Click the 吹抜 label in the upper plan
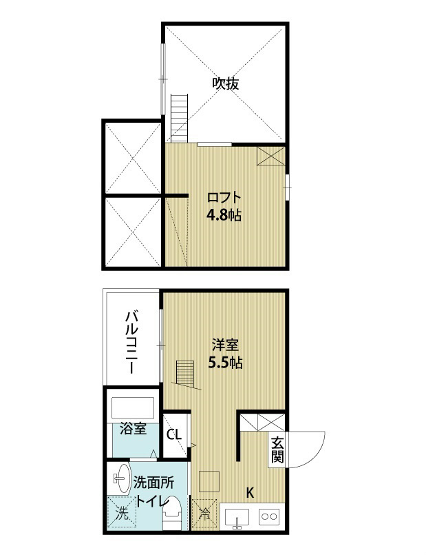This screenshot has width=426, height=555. point(225,83)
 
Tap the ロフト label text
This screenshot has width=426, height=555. point(224,197)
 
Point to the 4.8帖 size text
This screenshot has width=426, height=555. point(224,215)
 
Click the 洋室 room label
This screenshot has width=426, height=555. point(225,345)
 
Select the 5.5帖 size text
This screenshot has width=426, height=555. point(225,363)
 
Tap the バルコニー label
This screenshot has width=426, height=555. point(131,342)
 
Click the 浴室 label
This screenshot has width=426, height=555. point(133,429)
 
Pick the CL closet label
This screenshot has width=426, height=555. point(174,434)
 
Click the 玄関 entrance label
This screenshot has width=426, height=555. point(277,450)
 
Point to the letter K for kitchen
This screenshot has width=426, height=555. point(250,492)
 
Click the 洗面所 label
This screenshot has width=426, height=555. point(153,483)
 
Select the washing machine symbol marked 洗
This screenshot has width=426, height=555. point(122,513)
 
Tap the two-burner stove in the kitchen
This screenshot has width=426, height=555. point(269,517)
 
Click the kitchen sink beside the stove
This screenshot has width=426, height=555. point(237,518)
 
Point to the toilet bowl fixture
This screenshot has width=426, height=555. point(173,513)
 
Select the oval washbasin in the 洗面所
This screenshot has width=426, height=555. point(123,478)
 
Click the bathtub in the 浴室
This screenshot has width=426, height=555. point(133,408)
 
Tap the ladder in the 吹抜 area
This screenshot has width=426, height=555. point(179,118)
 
